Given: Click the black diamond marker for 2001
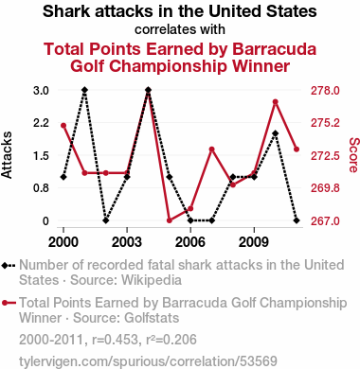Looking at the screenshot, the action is tap(84, 90).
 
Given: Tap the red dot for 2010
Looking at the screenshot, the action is tap(276, 102).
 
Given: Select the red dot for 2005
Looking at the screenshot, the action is tap(170, 220).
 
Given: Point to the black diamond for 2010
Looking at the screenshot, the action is tap(276, 133).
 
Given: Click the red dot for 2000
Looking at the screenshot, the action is tap(63, 126).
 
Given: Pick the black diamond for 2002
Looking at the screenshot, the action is tap(106, 220).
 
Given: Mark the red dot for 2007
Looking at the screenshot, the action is tap(212, 149).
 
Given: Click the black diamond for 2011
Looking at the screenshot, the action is tap(297, 220).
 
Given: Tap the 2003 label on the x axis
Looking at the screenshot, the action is tap(127, 242).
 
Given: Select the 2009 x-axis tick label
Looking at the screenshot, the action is tap(254, 242).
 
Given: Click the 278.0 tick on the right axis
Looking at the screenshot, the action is tap(325, 91).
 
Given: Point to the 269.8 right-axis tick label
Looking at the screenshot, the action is tap(325, 188).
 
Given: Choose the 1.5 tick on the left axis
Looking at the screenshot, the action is tap(41, 155).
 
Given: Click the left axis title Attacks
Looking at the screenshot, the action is tap(7, 155).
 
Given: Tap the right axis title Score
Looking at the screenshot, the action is tap(354, 155).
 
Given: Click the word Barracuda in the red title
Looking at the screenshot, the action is tap(275, 49).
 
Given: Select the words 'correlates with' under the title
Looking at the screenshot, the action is tap(180, 29).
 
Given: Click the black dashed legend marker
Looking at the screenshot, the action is tap(9, 266).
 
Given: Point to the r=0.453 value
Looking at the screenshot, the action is tap(115, 340).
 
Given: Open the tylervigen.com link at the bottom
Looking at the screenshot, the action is tap(148, 361).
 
